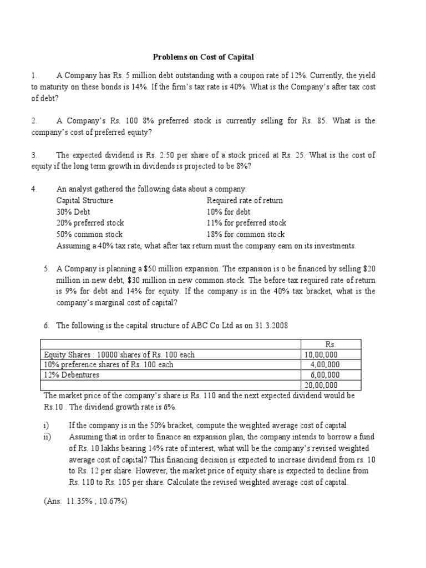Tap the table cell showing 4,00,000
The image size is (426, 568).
(324, 364)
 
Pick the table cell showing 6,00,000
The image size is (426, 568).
(324, 375)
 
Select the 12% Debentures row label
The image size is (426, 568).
(72, 375)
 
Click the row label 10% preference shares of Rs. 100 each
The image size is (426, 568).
(109, 364)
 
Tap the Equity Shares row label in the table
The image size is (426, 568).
(119, 354)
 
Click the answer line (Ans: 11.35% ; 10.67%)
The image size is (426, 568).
(86, 501)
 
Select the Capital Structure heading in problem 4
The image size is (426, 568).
(84, 200)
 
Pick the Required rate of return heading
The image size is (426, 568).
(245, 200)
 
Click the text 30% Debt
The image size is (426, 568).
(73, 212)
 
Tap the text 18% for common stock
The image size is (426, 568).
(246, 235)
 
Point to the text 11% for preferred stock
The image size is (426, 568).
(246, 223)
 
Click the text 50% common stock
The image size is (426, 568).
(89, 235)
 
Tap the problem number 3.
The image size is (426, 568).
(34, 155)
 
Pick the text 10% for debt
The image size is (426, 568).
(229, 212)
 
